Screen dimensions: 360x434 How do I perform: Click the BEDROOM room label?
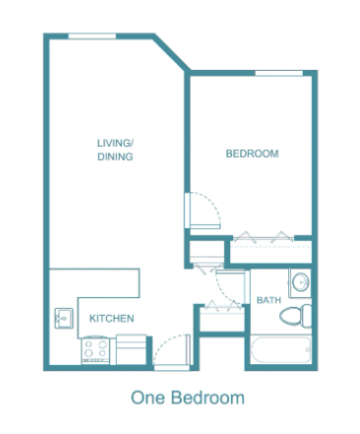pos(252,154)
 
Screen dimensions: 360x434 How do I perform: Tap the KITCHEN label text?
pos(111,318)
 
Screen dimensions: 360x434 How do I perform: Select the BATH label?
pos(269,300)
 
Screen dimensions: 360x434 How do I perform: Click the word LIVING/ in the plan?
pos(115,143)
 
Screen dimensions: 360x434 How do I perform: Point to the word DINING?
pos(115,156)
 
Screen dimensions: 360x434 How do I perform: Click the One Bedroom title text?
pos(188,398)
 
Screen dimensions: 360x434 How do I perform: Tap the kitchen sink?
pos(64,318)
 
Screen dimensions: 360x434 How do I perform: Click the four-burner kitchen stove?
pos(95,349)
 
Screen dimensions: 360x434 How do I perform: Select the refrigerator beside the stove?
pos(131,349)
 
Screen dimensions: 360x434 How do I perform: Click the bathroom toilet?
pos(296,316)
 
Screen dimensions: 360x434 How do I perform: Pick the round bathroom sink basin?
pos(301,282)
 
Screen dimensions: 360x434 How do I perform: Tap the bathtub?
pos(280,349)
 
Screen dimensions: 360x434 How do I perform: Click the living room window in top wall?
pos(92,36)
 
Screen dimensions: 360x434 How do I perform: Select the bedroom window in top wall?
pos(279,73)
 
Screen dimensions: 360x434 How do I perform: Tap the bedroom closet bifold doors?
pos(264,237)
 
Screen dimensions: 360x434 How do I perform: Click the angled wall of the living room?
pos(171,52)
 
